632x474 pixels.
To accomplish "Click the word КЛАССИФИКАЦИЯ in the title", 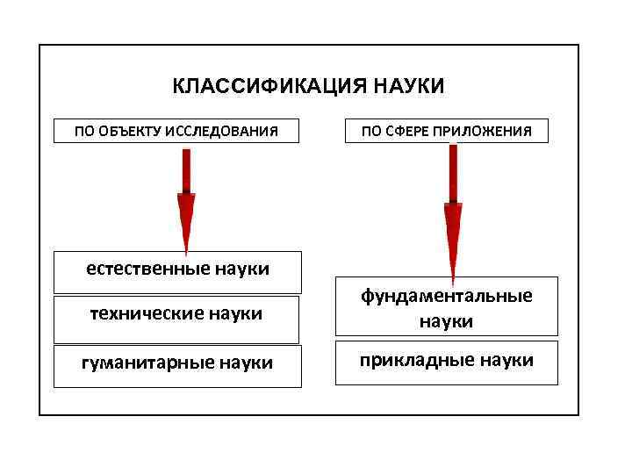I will point(269,87).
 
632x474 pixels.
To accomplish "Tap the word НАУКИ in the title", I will point(409,87).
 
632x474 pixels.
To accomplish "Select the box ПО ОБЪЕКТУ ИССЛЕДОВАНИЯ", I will point(176,131).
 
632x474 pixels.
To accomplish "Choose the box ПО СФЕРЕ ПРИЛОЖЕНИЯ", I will point(447,131).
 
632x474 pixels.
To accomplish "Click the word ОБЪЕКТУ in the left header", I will point(131,132).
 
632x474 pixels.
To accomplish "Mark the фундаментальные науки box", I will point(447,308).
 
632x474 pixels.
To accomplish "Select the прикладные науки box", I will point(447,363).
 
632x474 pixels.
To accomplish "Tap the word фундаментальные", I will point(447,296).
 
